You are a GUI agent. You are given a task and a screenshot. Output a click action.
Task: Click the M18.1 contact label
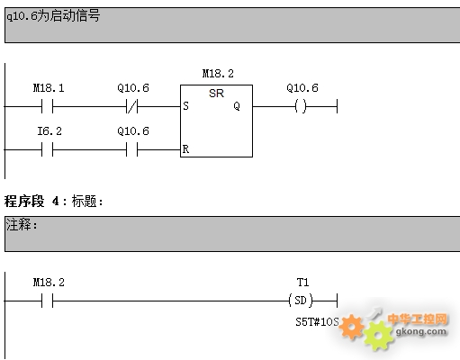[x=49, y=88]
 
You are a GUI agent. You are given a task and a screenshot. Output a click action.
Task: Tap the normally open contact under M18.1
[x=47, y=106]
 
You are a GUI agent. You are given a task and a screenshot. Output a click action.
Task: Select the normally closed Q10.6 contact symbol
[x=132, y=106]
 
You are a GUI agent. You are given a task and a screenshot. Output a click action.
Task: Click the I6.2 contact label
[x=50, y=131]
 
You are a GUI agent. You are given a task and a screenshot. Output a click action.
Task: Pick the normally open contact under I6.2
[x=47, y=149]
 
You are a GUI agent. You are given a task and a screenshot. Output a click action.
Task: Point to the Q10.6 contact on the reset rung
[x=132, y=149]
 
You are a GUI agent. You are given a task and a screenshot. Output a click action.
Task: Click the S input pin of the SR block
[x=185, y=106]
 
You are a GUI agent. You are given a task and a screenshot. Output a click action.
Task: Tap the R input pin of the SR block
[x=185, y=149]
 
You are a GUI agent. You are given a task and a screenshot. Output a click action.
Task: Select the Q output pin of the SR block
[x=237, y=106]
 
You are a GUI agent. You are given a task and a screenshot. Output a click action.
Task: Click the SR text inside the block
[x=216, y=94]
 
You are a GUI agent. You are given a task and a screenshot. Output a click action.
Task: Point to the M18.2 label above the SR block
[x=218, y=74]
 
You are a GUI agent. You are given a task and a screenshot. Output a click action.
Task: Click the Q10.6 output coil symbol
[x=301, y=106]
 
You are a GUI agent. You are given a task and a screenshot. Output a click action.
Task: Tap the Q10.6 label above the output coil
[x=302, y=88]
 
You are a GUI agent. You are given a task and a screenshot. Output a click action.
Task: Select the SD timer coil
[x=301, y=301]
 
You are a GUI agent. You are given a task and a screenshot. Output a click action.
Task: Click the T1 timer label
[x=302, y=283]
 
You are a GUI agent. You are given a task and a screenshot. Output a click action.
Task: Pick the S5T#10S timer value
[x=317, y=322]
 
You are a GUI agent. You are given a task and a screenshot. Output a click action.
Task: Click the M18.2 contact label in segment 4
[x=49, y=283]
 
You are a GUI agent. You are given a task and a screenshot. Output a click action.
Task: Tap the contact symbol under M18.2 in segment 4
[x=47, y=301]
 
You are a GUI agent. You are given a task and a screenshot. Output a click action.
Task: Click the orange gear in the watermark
[x=351, y=327]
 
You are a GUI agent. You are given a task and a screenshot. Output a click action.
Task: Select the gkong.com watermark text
[x=421, y=331]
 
